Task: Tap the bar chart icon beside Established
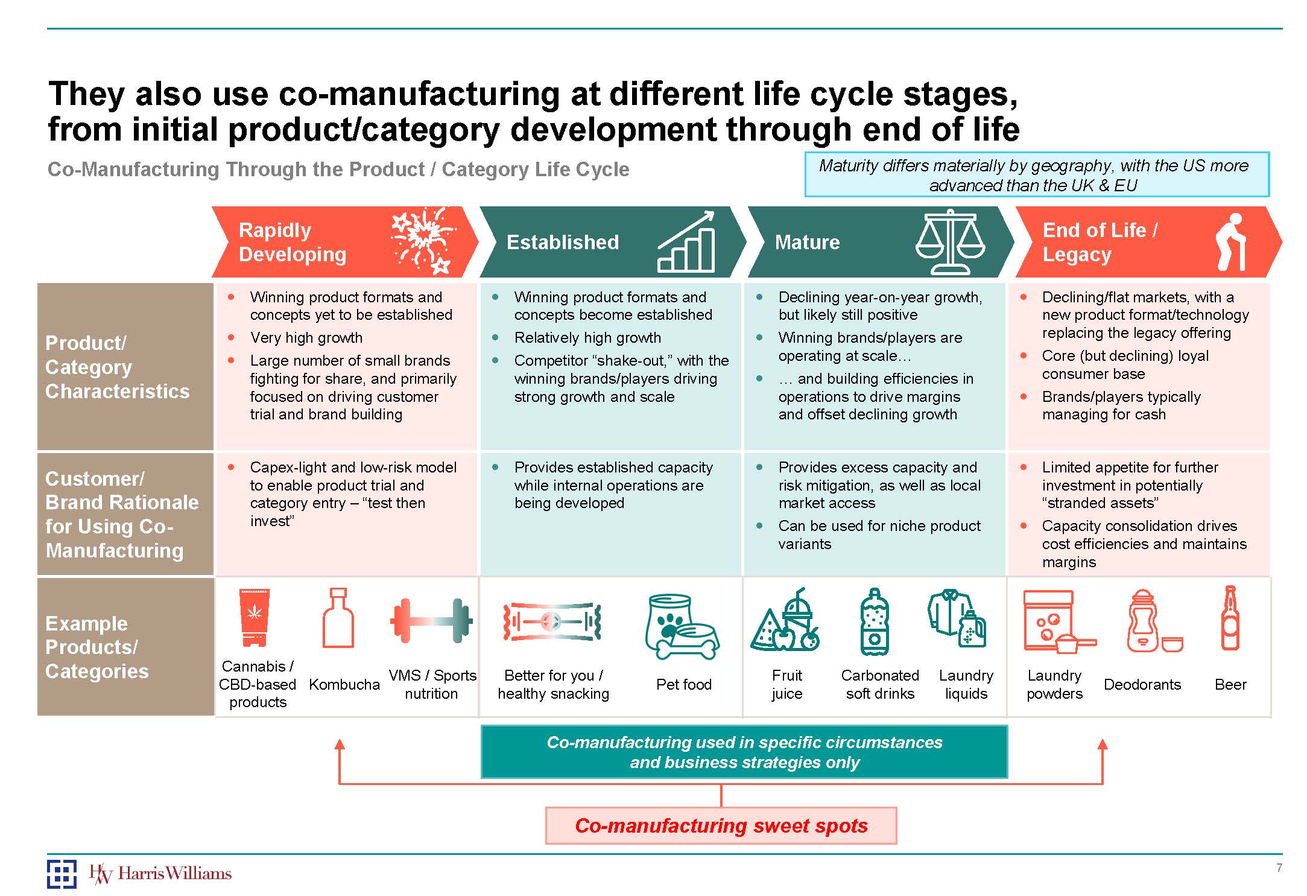coord(686,242)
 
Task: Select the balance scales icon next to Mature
coord(950,242)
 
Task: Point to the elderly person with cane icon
coord(1229,242)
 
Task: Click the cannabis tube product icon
coord(255,617)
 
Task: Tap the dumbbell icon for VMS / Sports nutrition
coord(431,620)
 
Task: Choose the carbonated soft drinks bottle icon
coord(874,621)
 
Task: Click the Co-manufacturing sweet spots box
coord(721,825)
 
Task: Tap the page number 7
coord(1279,868)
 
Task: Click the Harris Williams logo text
coord(174,873)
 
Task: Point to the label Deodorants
coord(1142,684)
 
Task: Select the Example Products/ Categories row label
coord(97,647)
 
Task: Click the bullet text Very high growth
coord(306,337)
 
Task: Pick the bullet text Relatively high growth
coord(587,337)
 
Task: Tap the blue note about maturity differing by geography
coord(1036,175)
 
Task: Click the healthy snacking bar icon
coord(552,621)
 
